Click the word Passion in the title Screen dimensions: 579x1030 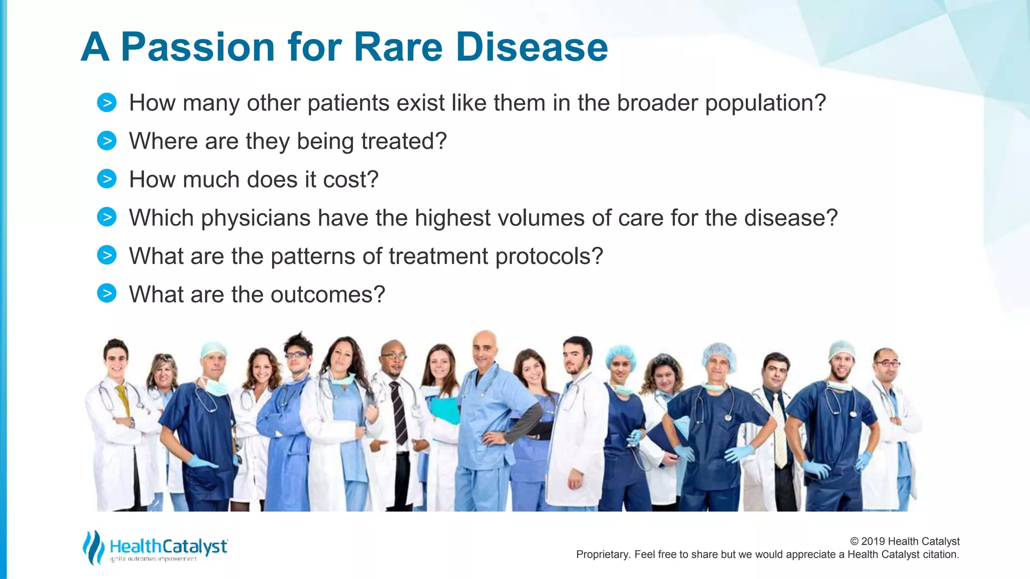(198, 48)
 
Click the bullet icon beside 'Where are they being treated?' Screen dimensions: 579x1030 (107, 141)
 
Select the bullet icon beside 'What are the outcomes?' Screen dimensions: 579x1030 (107, 294)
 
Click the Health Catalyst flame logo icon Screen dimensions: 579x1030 (93, 547)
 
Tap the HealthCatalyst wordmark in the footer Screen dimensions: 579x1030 (168, 546)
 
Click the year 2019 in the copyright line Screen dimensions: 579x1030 (873, 541)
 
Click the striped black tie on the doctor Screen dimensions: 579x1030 (399, 412)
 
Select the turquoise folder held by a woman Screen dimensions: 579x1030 (445, 410)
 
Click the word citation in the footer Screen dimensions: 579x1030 (940, 554)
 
